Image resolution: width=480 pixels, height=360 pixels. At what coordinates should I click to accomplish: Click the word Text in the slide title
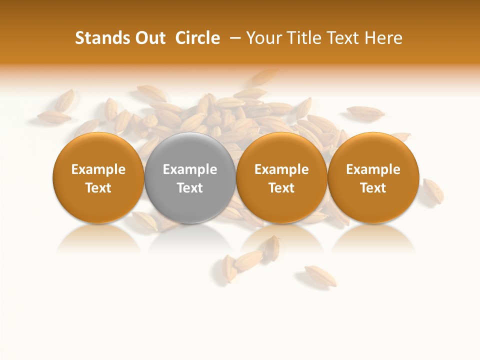[343, 38]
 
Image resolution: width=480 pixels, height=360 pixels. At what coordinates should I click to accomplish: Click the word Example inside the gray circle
[190, 169]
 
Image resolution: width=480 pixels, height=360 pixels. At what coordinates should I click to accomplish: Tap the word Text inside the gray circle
[190, 188]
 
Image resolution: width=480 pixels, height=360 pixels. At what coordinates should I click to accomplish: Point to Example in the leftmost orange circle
[98, 169]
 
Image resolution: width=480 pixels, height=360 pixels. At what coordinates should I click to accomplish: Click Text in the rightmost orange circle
[373, 188]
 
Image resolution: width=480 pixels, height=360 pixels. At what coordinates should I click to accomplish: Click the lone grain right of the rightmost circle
[432, 190]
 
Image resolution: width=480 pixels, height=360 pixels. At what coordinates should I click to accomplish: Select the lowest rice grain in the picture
[320, 275]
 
